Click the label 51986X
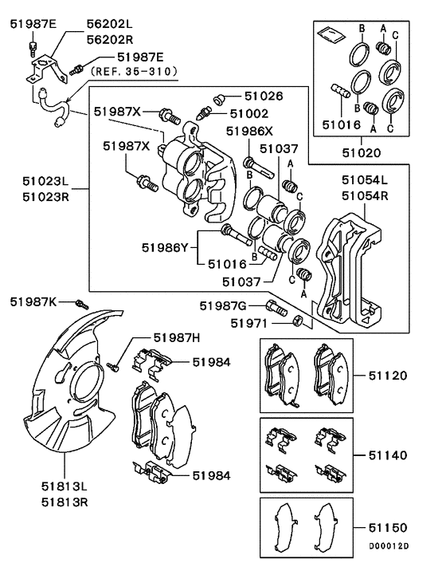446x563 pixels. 249,132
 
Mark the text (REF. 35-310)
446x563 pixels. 135,71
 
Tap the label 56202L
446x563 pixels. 111,25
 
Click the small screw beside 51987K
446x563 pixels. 80,303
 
